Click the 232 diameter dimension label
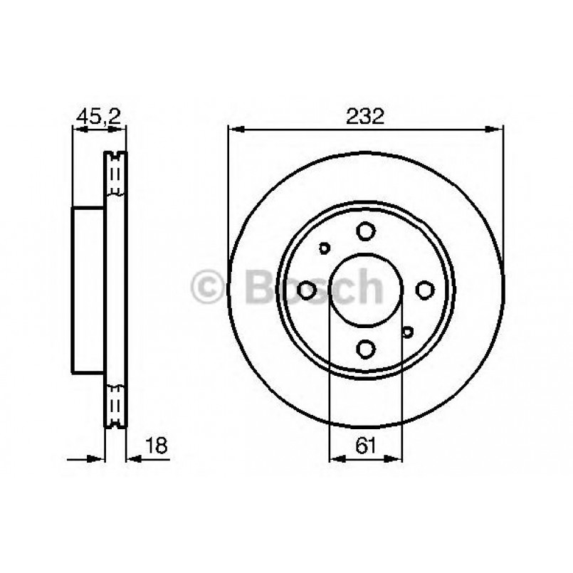365,116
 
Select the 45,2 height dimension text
99,117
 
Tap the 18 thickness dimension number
156,445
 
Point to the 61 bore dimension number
365,445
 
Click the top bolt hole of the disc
365,231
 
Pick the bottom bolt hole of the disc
365,348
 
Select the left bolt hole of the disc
306,290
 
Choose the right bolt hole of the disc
425,290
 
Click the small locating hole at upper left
324,248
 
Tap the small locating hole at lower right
407,332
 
